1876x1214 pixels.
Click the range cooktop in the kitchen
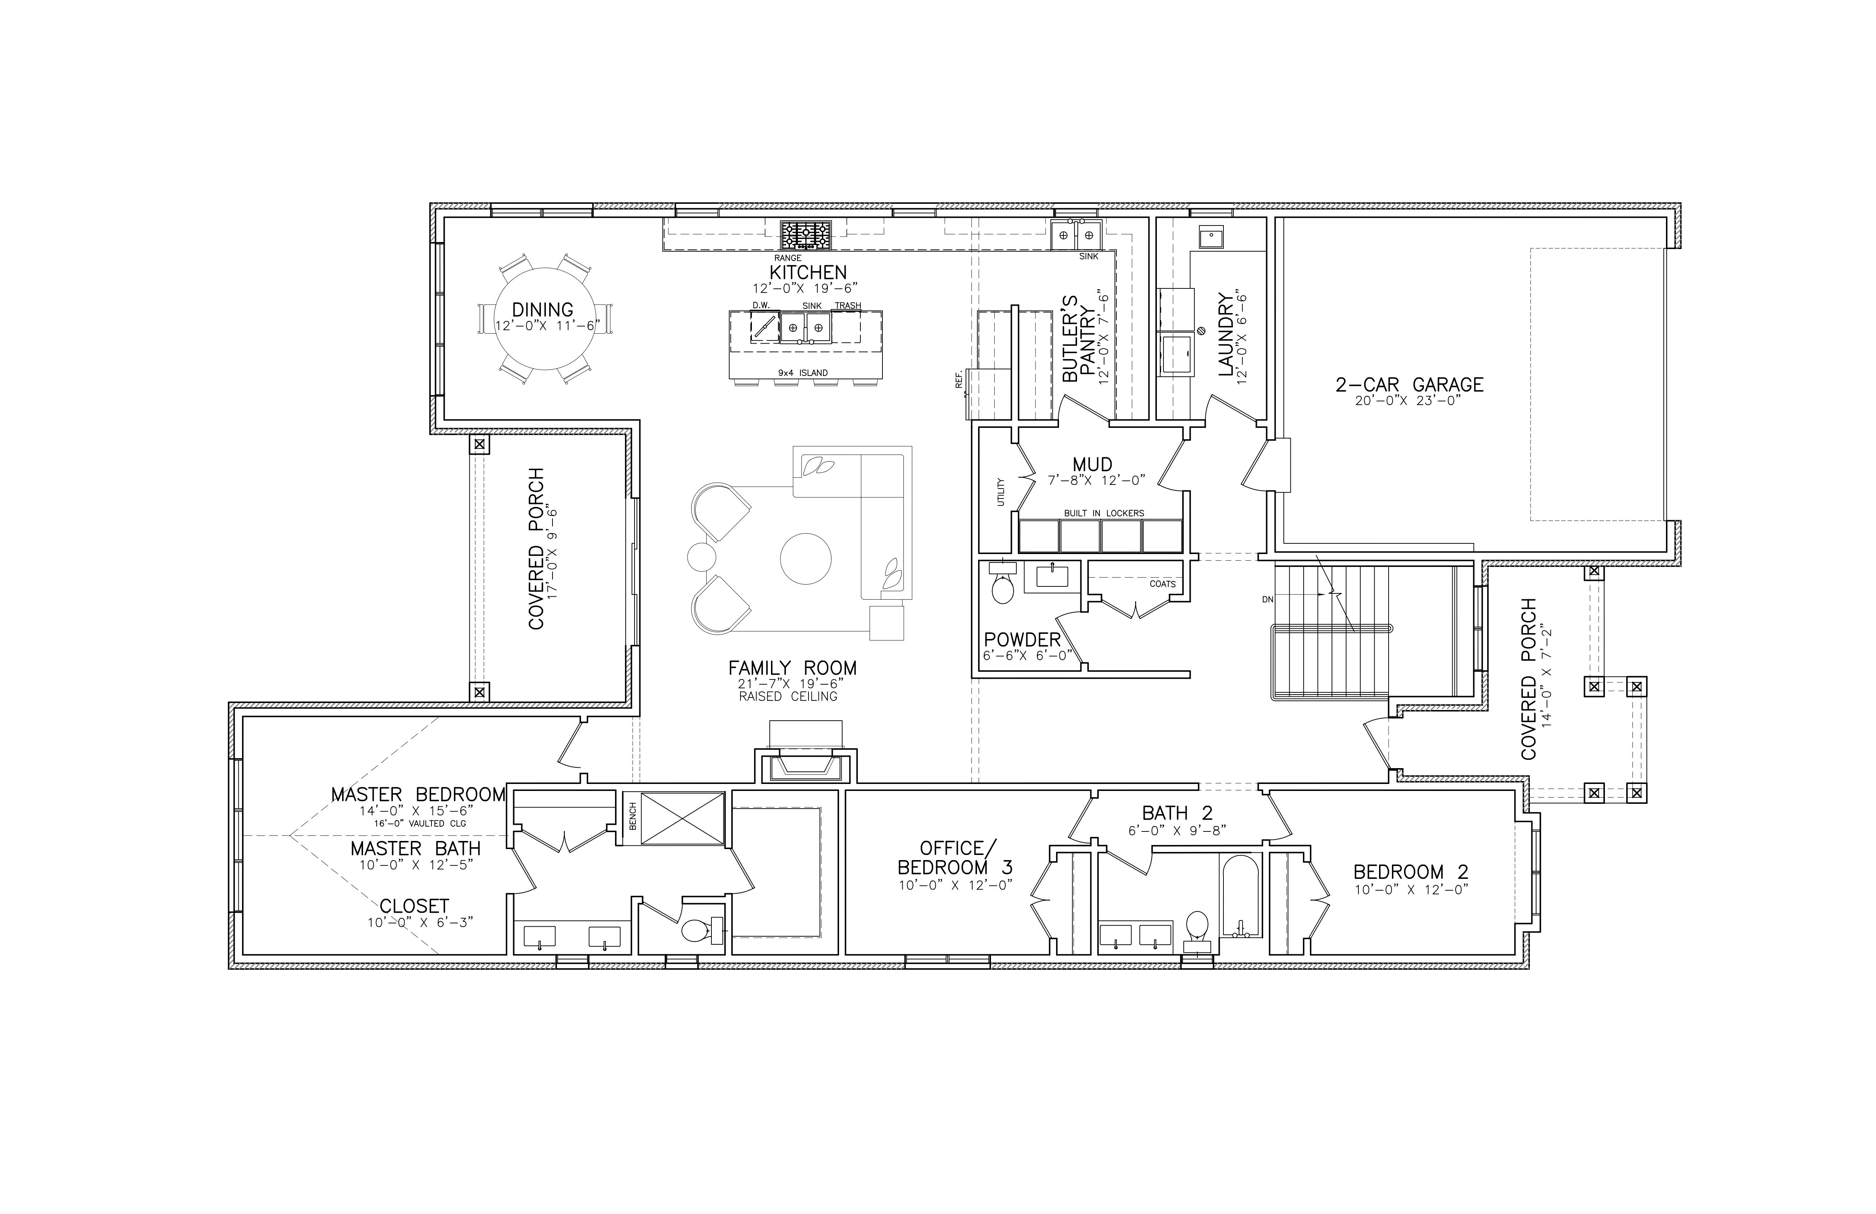806,235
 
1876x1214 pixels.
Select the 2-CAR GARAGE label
1409,385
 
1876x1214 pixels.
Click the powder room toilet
1002,587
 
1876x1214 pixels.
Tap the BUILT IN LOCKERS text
1104,513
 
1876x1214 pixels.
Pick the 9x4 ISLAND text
802,373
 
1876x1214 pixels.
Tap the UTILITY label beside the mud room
1001,492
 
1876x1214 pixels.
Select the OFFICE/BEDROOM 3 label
955,858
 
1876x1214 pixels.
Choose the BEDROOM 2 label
1411,872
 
